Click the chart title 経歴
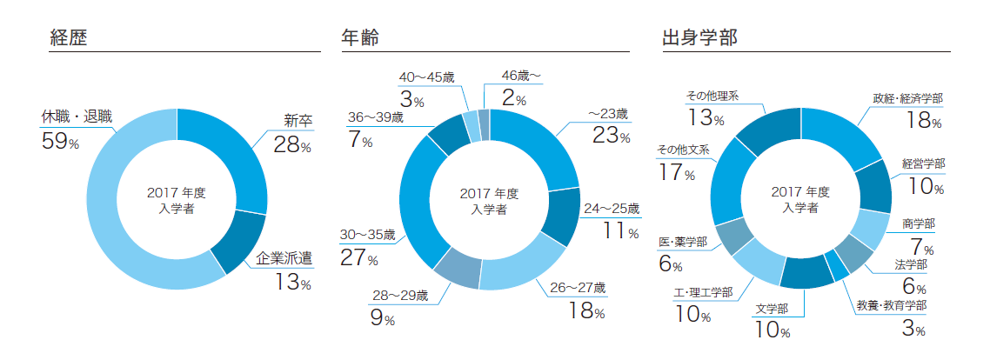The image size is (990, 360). click(x=70, y=37)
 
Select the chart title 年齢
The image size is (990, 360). click(x=359, y=37)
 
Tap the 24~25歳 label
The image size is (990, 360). click(x=611, y=209)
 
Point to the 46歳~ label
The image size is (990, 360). click(x=522, y=77)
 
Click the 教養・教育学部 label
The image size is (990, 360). click(x=891, y=306)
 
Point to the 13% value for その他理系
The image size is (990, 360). click(x=705, y=118)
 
